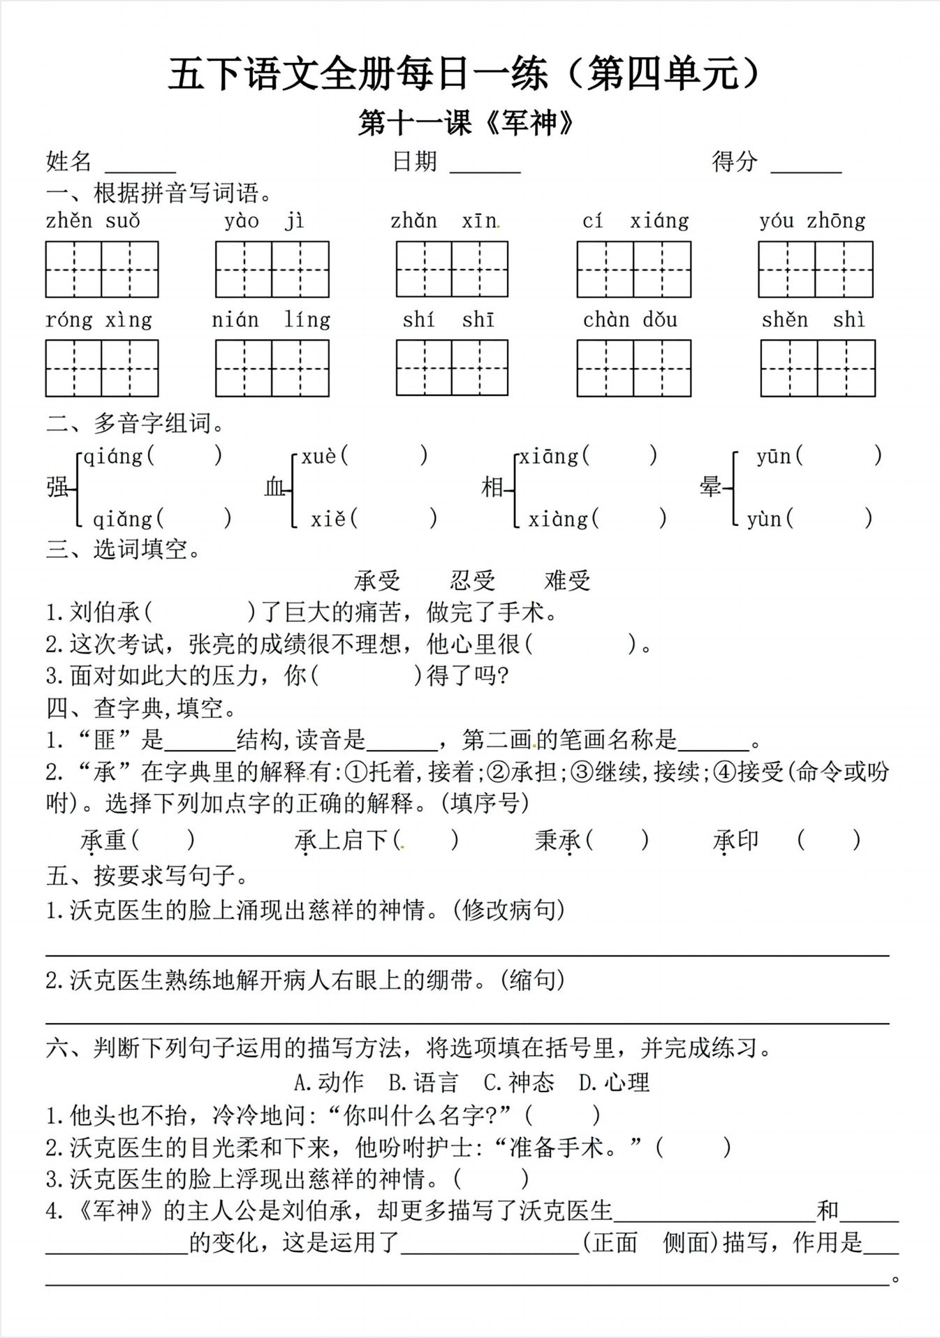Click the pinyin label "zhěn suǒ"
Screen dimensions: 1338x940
point(93,221)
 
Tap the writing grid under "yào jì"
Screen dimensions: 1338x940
point(272,270)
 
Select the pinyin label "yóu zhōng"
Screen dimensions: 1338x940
point(812,221)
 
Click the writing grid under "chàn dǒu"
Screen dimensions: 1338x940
point(633,368)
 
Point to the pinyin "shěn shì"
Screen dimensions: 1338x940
point(813,320)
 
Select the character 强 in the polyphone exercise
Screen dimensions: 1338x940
point(58,487)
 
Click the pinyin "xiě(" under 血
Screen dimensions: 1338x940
point(334,519)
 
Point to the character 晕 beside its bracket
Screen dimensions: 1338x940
point(710,487)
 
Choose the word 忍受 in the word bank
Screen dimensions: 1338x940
point(472,580)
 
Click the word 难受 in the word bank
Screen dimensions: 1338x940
point(567,580)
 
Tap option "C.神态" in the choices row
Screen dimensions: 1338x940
point(519,1082)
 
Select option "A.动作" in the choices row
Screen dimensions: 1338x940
point(329,1082)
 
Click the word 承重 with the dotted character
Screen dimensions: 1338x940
point(103,840)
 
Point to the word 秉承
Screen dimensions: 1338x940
point(558,840)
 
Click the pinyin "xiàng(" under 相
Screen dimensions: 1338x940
point(563,519)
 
